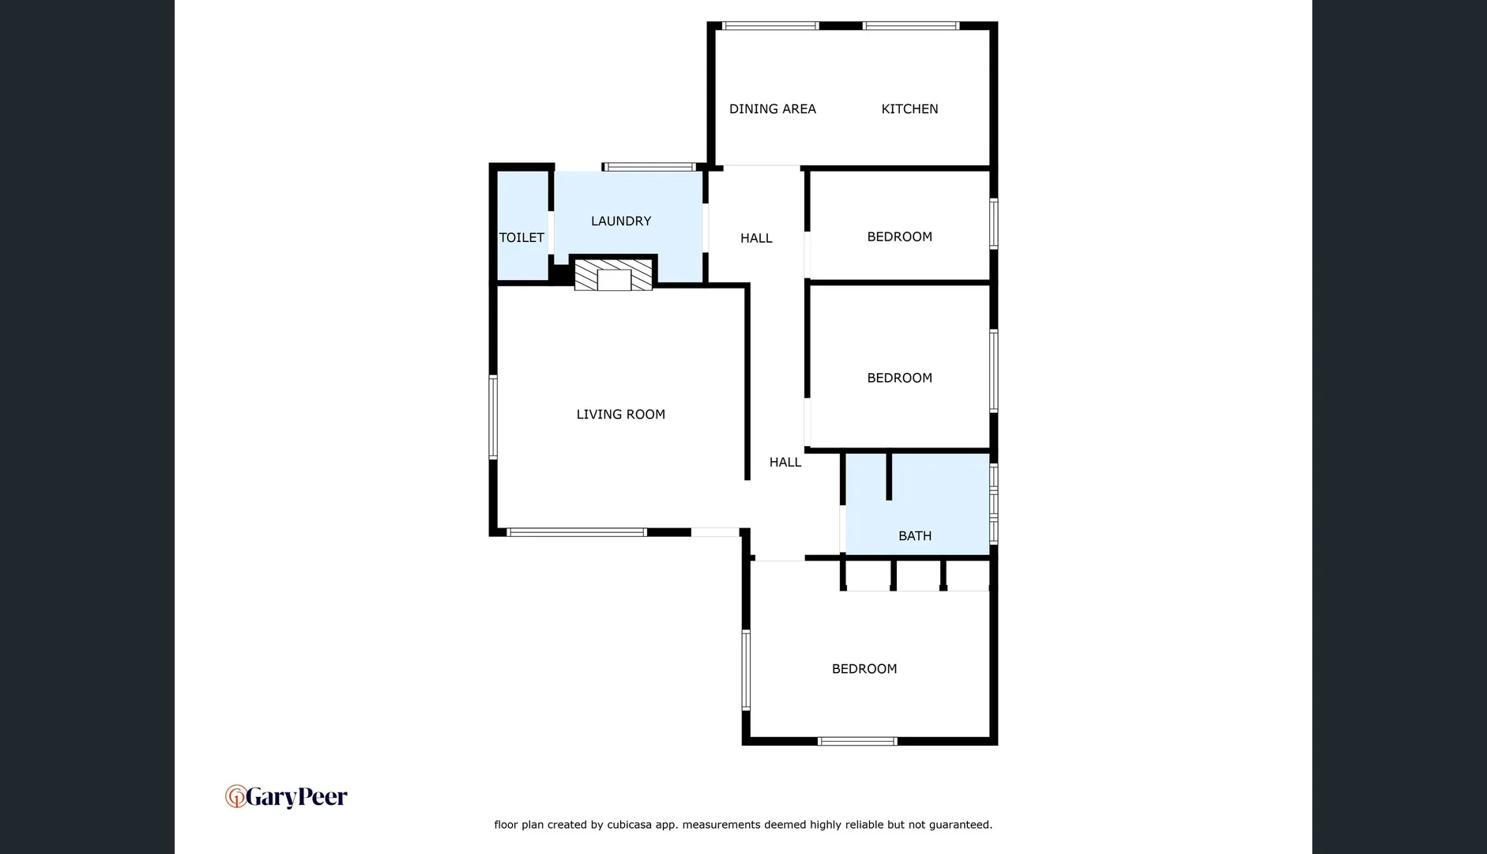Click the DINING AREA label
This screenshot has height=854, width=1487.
[772, 109]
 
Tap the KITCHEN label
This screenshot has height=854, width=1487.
[909, 109]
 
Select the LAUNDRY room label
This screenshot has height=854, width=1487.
[621, 221]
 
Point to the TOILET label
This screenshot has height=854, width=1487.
[521, 238]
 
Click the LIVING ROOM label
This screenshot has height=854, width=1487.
[620, 414]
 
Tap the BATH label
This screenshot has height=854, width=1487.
[914, 536]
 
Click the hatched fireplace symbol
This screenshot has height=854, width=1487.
[613, 275]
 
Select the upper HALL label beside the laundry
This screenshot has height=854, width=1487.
[756, 238]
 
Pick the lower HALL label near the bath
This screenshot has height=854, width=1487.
[785, 463]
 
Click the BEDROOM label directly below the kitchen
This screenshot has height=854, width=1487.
[899, 237]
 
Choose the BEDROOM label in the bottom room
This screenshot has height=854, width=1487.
[864, 669]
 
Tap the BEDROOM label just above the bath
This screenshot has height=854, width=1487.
[899, 378]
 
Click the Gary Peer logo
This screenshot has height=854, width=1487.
[286, 796]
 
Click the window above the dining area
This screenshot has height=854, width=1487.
[770, 26]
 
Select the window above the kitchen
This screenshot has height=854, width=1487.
[910, 26]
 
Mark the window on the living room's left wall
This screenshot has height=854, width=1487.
[493, 417]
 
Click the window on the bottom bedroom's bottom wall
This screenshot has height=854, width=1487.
[856, 742]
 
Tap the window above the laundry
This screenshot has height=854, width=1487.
[649, 167]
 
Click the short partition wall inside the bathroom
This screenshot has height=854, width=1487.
[889, 476]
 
